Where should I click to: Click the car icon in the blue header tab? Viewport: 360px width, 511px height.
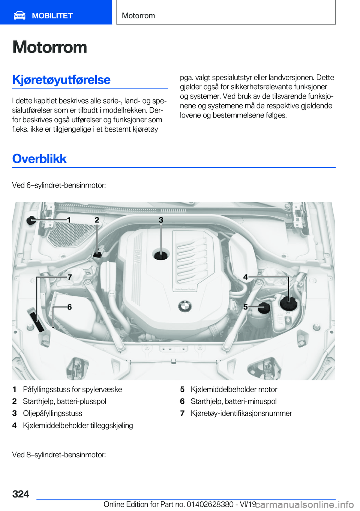click(x=19, y=15)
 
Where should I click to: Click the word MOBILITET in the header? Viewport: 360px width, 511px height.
click(x=52, y=16)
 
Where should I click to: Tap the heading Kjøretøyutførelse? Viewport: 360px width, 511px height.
click(x=61, y=80)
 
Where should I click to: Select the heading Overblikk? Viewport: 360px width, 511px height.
click(x=39, y=159)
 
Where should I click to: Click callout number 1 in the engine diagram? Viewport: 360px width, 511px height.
click(x=69, y=219)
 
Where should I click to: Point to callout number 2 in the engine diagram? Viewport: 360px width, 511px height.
click(x=97, y=220)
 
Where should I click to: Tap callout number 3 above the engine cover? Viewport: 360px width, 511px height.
click(x=161, y=220)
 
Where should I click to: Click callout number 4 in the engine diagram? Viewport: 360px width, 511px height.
click(x=246, y=277)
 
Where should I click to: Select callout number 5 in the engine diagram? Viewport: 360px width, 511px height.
click(x=246, y=307)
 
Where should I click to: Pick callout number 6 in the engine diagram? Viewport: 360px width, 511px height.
click(x=69, y=307)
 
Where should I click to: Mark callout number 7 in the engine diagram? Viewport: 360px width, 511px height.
click(x=69, y=277)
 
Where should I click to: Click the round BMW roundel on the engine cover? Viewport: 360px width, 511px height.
click(x=184, y=306)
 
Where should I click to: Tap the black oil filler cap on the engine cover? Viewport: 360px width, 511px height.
click(x=161, y=255)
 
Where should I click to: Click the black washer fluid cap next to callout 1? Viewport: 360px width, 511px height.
click(x=31, y=220)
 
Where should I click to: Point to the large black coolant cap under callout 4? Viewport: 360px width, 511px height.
click(x=289, y=302)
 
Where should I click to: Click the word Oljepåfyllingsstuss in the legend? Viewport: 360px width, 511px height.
click(x=52, y=413)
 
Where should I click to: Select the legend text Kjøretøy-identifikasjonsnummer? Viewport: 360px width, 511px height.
click(x=241, y=413)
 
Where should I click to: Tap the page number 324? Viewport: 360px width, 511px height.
click(x=21, y=494)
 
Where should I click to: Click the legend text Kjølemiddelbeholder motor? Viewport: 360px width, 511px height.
click(x=234, y=389)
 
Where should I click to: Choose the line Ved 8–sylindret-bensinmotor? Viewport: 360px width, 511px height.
click(x=59, y=455)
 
